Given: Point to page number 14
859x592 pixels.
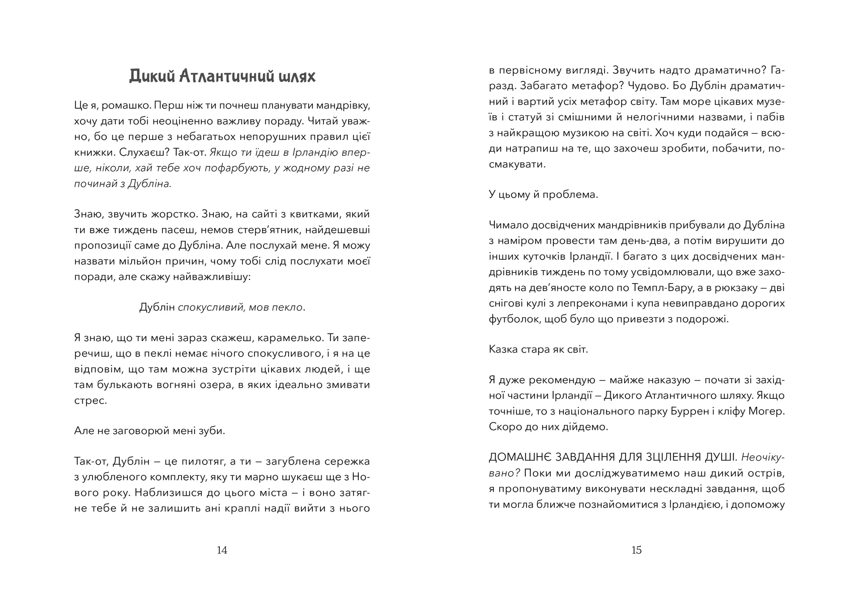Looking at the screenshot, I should click(222, 550).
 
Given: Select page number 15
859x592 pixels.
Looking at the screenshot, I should click(636, 550).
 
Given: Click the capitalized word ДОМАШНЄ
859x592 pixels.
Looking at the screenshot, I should click(519, 457).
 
